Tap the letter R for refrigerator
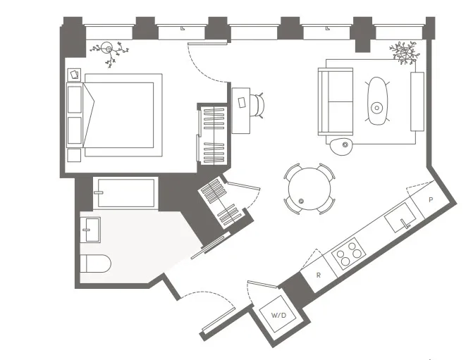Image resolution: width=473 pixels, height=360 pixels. pos(318,275)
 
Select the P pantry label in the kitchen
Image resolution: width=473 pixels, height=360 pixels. pos(431,200)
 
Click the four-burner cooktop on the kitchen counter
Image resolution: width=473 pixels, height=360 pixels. pos(348,254)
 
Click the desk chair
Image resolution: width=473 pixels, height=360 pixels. pos(260,104)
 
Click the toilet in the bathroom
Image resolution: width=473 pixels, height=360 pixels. pos(94,265)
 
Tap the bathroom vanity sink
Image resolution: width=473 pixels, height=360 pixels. pos(92,228)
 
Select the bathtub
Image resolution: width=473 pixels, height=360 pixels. pos(125,191)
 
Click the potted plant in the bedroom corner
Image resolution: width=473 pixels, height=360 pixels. pos(109,51)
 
